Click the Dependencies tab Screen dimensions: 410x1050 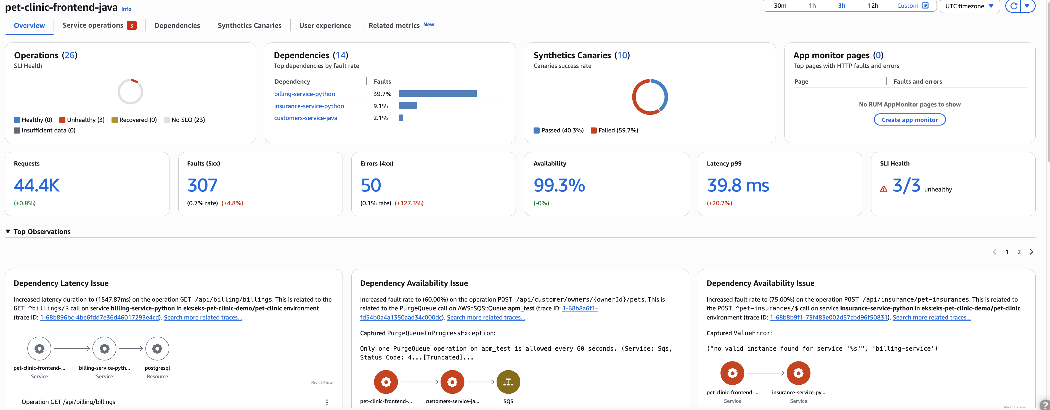tap(177, 25)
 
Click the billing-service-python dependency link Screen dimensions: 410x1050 tap(304, 94)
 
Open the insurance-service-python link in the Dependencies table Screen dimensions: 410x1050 tap(309, 106)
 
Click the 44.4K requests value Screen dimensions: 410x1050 tap(37, 185)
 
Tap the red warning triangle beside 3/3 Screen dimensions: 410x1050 tap(883, 189)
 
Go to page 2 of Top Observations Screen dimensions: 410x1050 tap(1019, 252)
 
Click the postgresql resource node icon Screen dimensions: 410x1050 tap(157, 348)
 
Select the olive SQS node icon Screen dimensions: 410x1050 tap(508, 382)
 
